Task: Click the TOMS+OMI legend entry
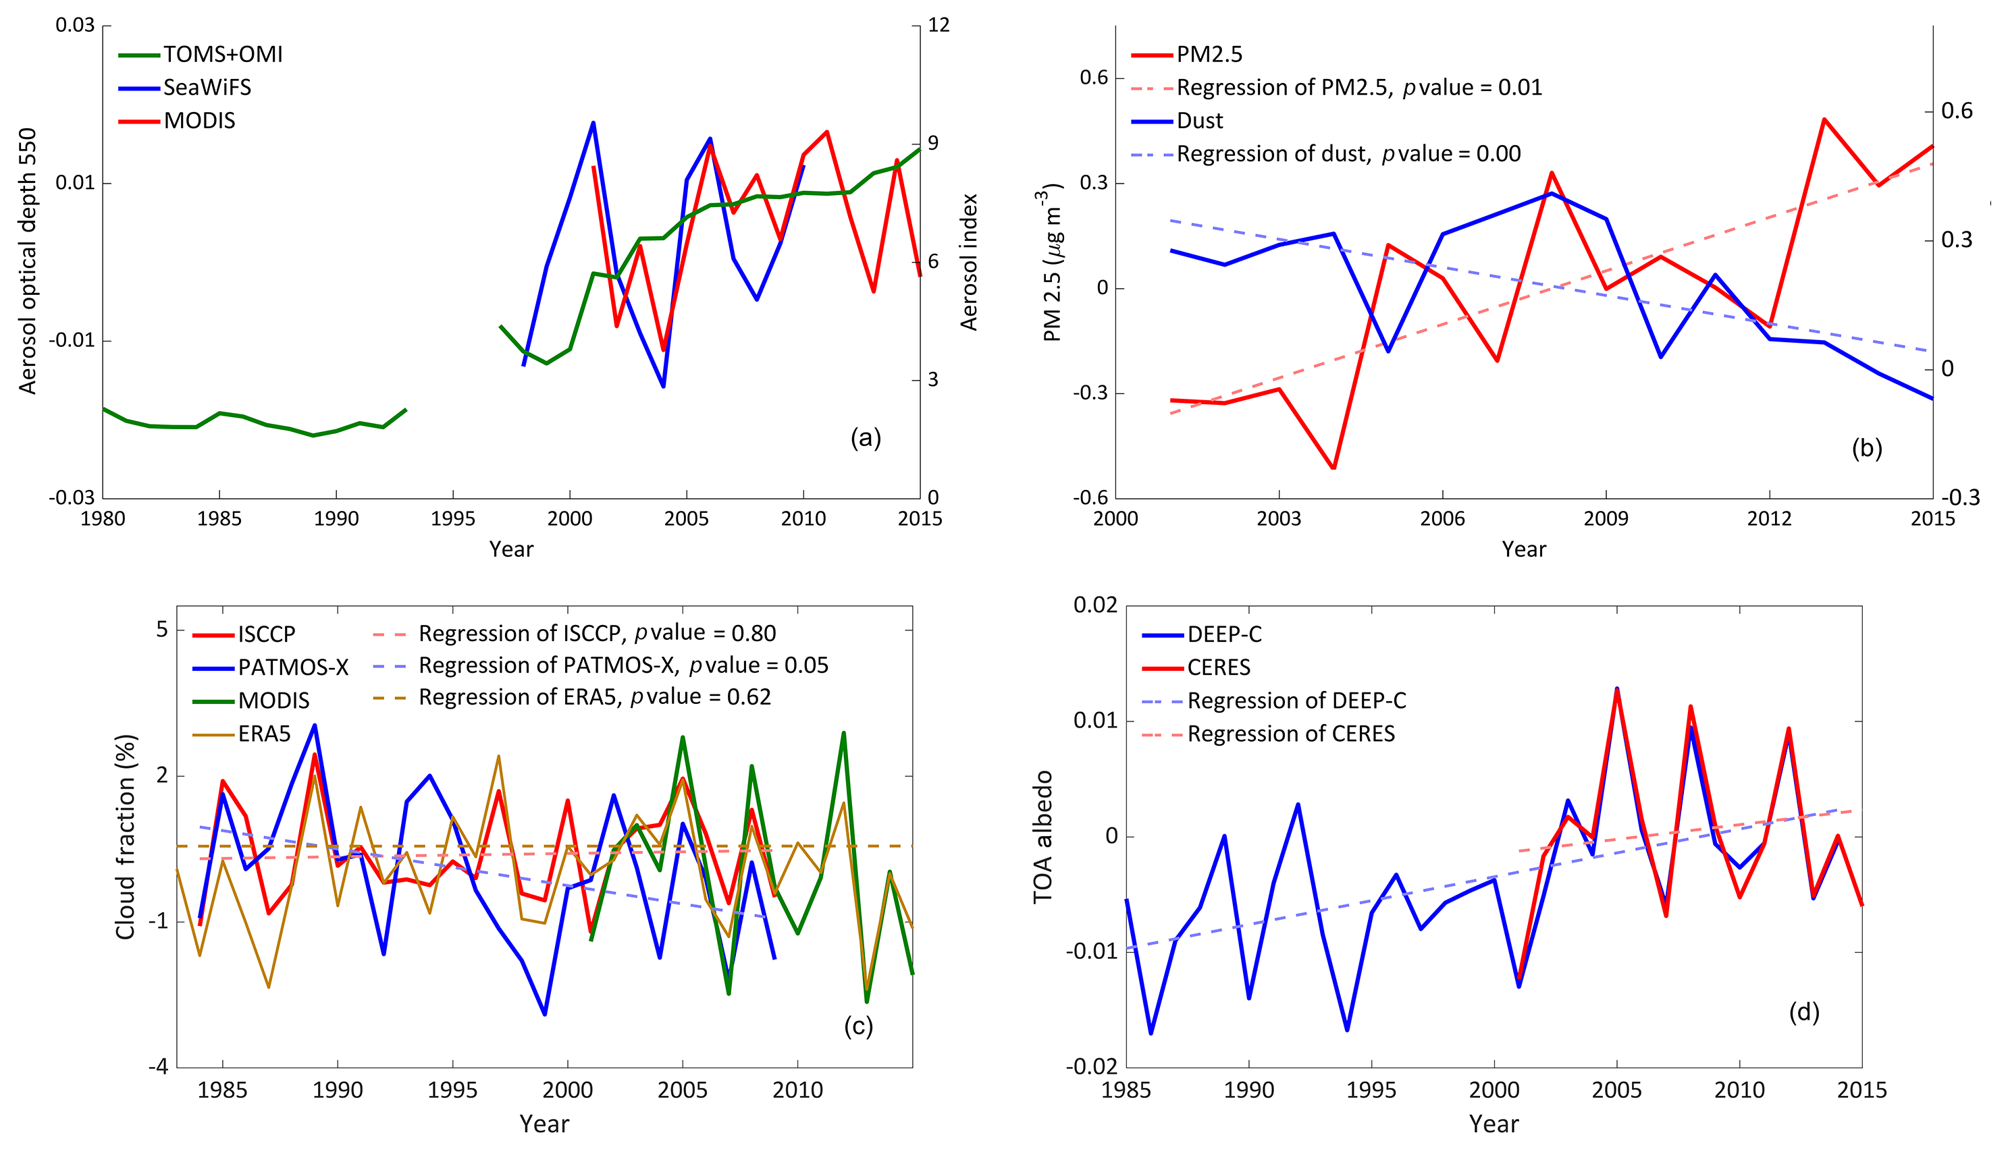click(222, 55)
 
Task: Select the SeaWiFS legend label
click(207, 88)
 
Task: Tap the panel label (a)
click(866, 437)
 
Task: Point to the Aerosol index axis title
click(970, 263)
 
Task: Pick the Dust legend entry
click(1199, 121)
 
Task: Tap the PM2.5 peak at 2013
click(1823, 119)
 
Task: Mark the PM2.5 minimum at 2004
click(1333, 468)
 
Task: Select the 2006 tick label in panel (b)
click(1442, 519)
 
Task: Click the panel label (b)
click(1867, 449)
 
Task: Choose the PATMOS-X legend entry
click(292, 668)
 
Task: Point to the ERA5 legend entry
click(264, 734)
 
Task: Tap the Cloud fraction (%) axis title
click(126, 838)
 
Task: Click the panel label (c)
click(859, 1026)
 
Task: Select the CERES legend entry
click(1218, 668)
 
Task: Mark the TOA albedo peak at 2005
click(1616, 690)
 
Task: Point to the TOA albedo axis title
click(1043, 838)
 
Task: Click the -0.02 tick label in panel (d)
click(1092, 1067)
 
